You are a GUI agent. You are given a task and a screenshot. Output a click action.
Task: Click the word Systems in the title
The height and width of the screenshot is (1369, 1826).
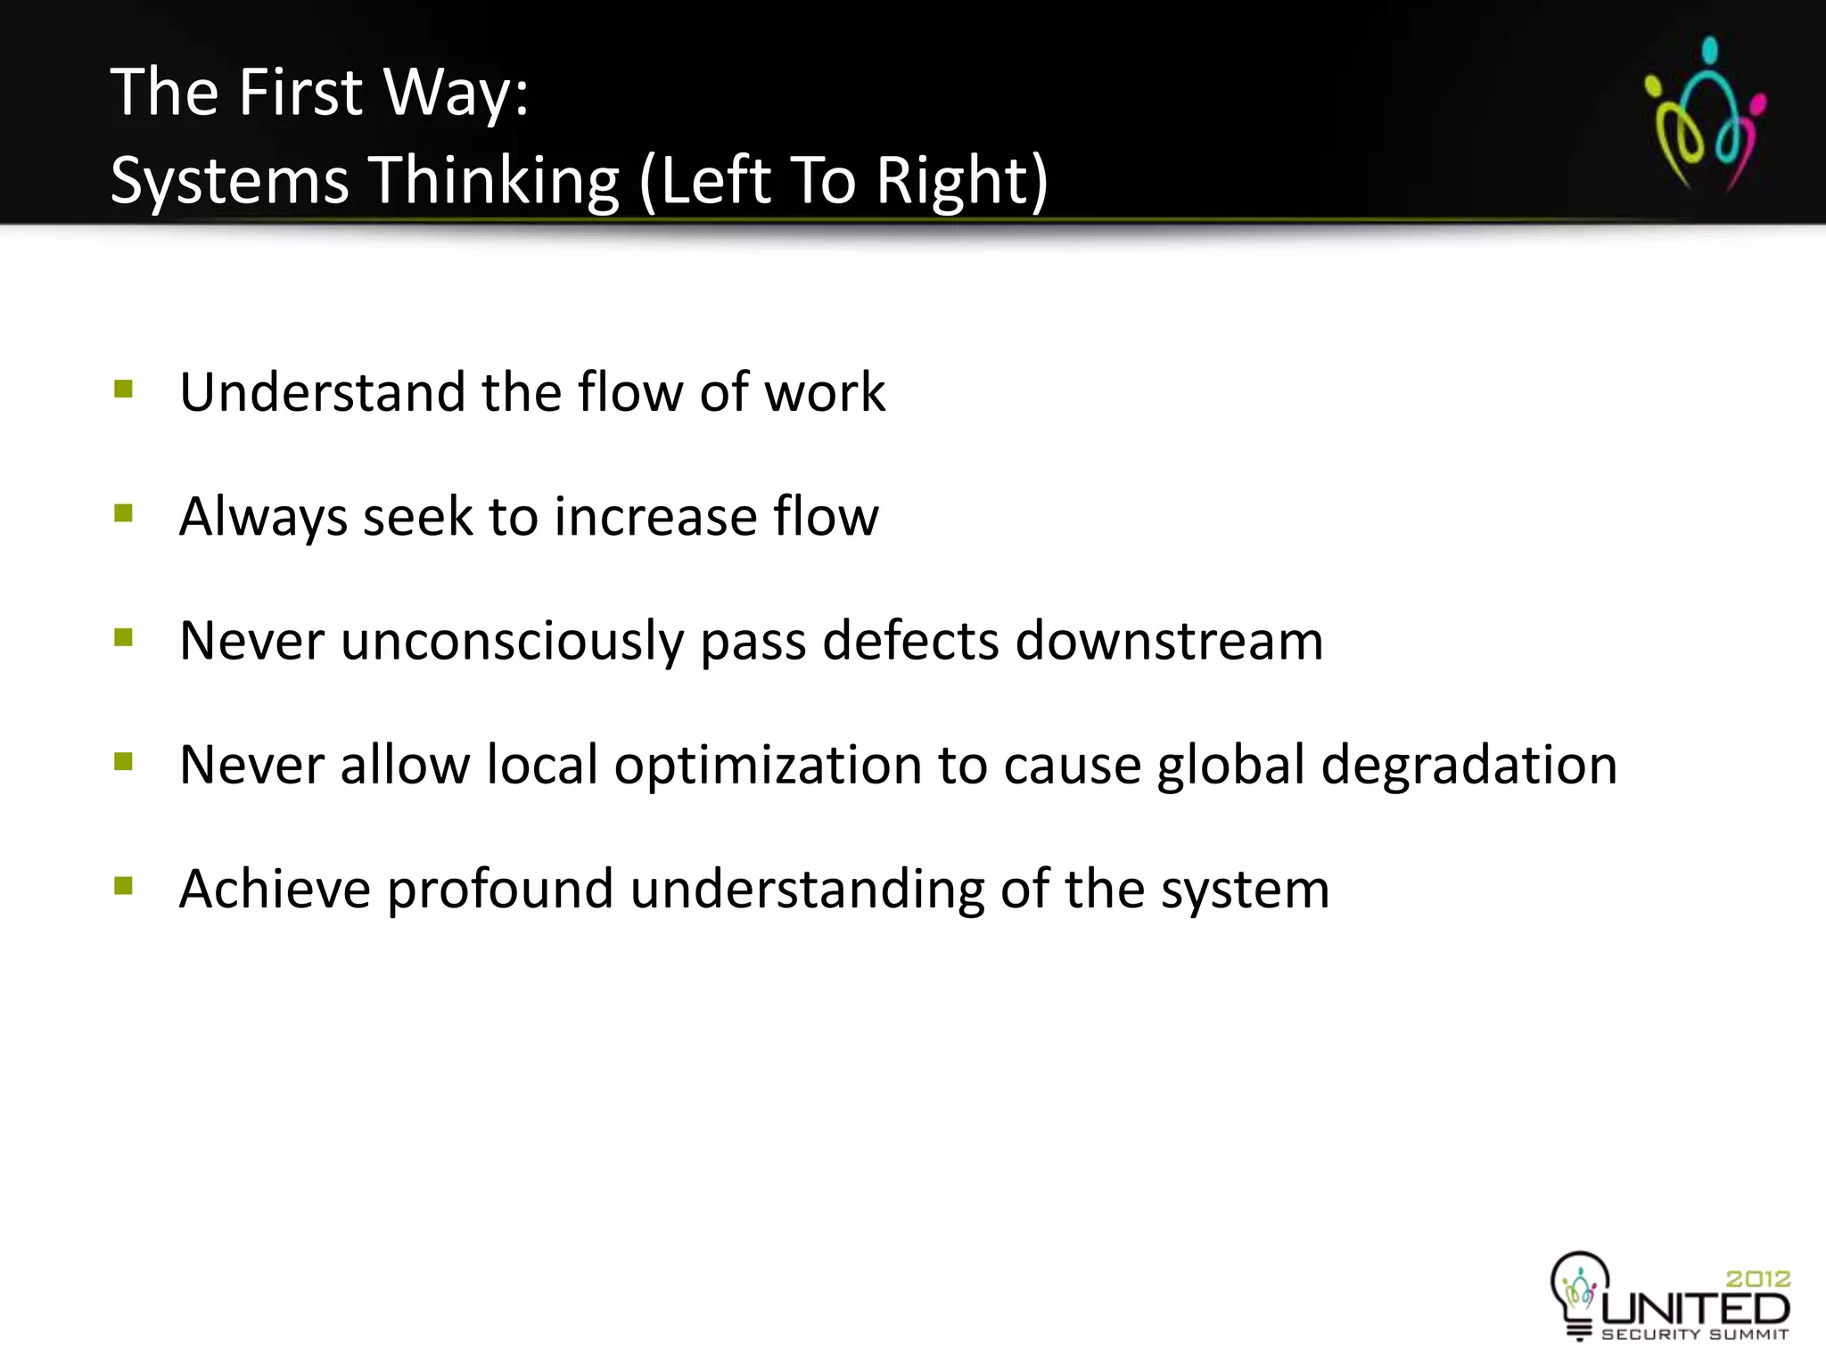pos(229,181)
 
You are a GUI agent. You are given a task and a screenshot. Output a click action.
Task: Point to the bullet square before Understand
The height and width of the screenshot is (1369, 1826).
pos(124,389)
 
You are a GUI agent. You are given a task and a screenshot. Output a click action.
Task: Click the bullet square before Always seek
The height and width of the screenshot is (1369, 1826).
pos(124,513)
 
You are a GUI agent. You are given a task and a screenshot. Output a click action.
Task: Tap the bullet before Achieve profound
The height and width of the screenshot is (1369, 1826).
pos(124,886)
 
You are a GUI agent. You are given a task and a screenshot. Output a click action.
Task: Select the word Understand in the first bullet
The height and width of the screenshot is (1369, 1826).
pos(322,392)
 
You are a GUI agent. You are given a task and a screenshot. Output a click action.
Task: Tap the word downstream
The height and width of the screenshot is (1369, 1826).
pos(1169,642)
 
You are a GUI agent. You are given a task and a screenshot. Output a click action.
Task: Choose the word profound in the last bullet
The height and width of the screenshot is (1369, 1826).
pos(500,890)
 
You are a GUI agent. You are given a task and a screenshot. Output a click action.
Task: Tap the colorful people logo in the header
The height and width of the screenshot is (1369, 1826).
pos(1705,114)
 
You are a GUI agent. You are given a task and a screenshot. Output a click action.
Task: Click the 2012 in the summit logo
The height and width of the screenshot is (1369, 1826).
pos(1757,1279)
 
